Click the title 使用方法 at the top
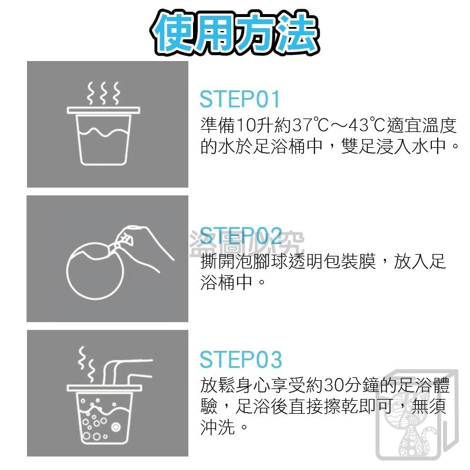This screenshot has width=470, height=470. click(235, 29)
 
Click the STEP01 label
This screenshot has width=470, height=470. click(240, 99)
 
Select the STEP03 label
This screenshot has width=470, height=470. click(241, 359)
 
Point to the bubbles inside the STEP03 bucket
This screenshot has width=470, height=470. click(97, 420)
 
